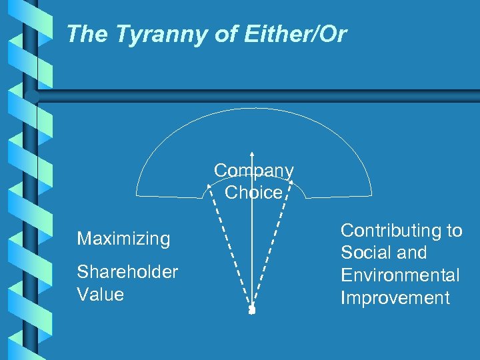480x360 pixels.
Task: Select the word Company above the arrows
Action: point(253,171)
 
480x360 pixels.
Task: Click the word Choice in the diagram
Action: point(253,193)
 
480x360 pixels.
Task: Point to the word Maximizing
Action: point(123,239)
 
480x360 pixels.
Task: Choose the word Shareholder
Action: point(127,272)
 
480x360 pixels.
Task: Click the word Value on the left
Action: point(100,294)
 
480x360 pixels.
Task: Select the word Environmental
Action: point(400,275)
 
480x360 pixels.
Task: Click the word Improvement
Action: point(395,297)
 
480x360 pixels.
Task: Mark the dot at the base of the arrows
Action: point(251,310)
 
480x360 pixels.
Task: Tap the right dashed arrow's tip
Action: point(291,183)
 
